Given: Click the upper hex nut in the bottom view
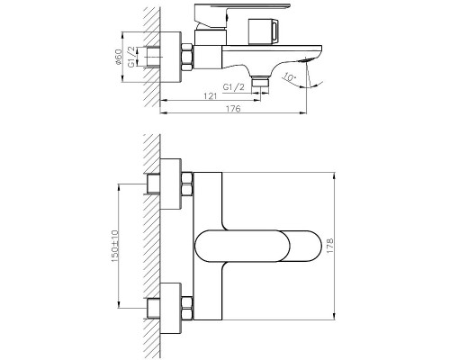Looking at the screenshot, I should [187, 187].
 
